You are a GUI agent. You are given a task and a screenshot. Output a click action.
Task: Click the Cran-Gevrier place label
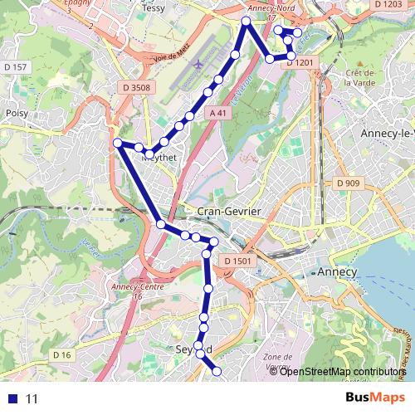tap(229, 212)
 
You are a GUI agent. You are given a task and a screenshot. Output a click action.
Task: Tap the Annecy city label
tap(337, 272)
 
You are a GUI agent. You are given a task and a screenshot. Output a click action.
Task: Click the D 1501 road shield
tap(237, 261)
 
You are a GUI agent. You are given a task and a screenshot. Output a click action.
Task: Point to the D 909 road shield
tap(349, 183)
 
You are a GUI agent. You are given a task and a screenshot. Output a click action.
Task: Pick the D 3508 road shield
tap(136, 85)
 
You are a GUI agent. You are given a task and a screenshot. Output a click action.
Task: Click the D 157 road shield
tap(16, 66)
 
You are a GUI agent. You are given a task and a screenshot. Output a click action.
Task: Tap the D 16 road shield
tap(62, 355)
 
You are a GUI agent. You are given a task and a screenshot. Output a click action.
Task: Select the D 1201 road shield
tap(301, 62)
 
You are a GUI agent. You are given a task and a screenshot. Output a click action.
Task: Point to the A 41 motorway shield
tap(218, 113)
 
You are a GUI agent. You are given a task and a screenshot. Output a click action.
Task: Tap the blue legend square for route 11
tap(11, 398)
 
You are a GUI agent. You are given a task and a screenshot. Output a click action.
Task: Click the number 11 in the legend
tap(32, 398)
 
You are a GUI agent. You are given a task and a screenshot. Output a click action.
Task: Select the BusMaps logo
tap(375, 398)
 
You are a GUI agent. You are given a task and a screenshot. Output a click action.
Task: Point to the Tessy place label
tap(154, 7)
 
